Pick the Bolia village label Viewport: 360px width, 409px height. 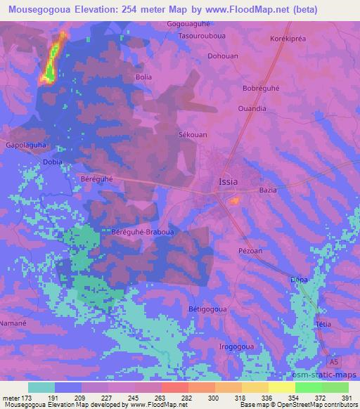[x=143, y=76]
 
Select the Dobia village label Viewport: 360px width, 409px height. [x=53, y=162]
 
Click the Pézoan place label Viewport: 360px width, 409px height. [x=250, y=250]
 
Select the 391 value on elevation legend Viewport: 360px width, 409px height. [x=345, y=398]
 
